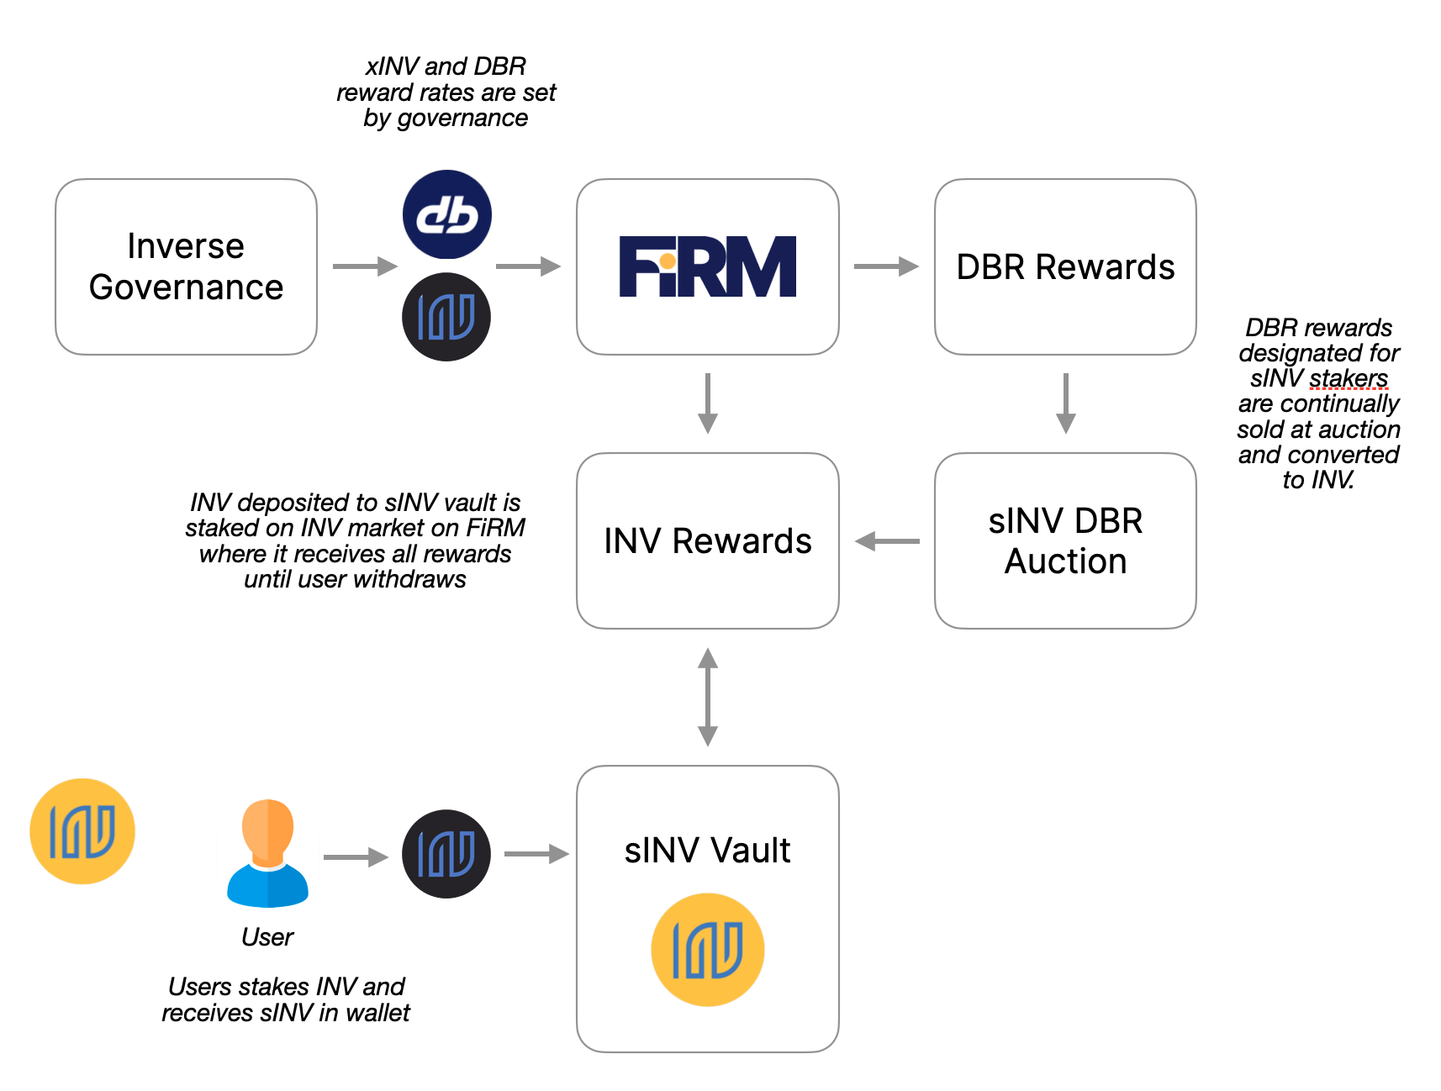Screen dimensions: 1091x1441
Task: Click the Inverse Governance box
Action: [x=186, y=266]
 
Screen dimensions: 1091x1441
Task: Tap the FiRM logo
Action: [x=707, y=266]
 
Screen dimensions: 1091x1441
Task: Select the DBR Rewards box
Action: [x=1065, y=266]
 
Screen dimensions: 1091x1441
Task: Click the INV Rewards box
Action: [x=707, y=540]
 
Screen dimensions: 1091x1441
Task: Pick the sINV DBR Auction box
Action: [x=1065, y=540]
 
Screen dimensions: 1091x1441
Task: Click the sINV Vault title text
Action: [x=707, y=850]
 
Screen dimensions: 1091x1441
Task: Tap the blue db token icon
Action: [x=447, y=214]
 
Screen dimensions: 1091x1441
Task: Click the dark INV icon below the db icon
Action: [x=446, y=317]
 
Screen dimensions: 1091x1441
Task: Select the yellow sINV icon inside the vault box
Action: [x=707, y=950]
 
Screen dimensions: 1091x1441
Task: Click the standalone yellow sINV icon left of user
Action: [x=82, y=831]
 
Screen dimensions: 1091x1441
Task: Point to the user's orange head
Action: [x=267, y=828]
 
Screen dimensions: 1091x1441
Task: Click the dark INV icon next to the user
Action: [x=446, y=854]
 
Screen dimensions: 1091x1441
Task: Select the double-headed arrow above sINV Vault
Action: [x=708, y=697]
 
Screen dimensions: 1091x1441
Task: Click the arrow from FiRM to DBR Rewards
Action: [x=885, y=266]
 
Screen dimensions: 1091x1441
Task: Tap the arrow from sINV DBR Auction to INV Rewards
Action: [x=887, y=541]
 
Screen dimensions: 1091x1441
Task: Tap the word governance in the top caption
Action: [x=462, y=118]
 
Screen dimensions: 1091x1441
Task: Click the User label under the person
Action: [x=267, y=936]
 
